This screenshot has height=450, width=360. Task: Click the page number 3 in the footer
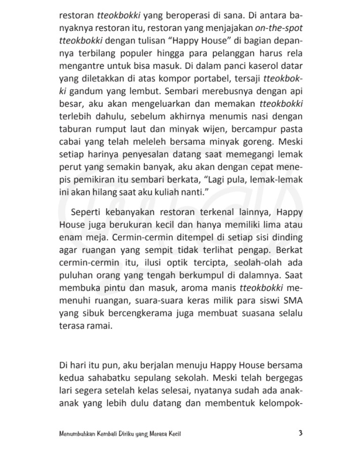tap(300, 433)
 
